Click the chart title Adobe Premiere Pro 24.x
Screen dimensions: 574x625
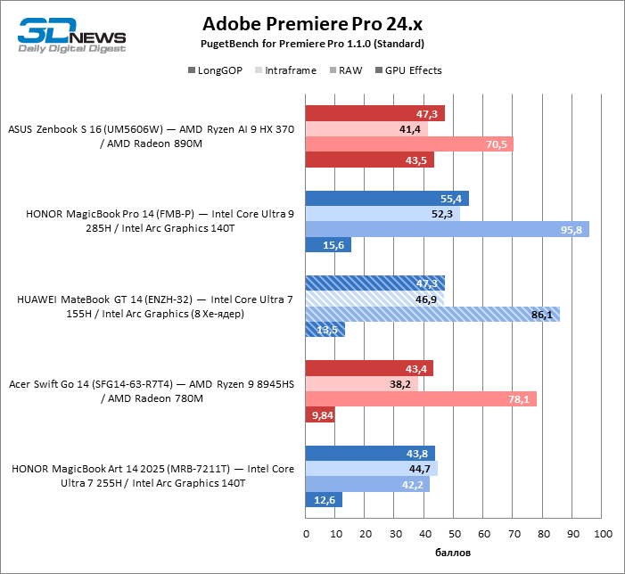311,23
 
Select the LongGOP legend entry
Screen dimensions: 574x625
216,70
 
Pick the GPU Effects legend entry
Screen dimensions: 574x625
413,70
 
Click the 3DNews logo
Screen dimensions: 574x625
71,34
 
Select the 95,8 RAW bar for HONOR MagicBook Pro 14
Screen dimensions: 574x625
447,229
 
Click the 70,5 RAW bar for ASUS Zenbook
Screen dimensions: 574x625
409,144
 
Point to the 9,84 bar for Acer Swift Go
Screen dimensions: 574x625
320,414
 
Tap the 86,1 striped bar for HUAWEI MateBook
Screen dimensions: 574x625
432,314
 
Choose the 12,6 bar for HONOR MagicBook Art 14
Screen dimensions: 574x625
325,500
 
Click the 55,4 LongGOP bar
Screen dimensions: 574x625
387,199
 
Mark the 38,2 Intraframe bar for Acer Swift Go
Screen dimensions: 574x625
362,384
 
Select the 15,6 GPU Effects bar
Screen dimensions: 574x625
329,245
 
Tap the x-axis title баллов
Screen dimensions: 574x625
454,553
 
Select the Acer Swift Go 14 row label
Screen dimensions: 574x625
151,391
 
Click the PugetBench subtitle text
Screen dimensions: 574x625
312,44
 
